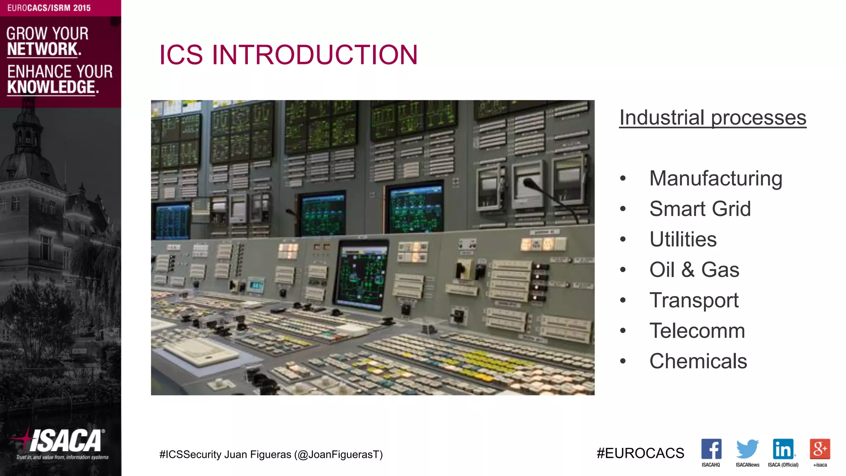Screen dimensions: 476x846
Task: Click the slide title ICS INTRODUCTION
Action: [x=288, y=55]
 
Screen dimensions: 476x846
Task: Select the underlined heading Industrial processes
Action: [x=713, y=118]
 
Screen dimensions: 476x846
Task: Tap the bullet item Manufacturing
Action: [x=715, y=178]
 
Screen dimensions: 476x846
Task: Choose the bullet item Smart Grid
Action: [x=700, y=209]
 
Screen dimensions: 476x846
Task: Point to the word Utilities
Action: [x=683, y=239]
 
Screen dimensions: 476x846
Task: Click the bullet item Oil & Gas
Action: [x=694, y=270]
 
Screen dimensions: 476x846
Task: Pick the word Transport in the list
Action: [x=694, y=300]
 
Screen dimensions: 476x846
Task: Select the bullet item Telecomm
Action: [x=697, y=331]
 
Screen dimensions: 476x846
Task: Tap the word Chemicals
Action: [x=698, y=361]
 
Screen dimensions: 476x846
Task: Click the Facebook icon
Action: [x=711, y=449]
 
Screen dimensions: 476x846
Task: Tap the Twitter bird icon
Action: [x=747, y=449]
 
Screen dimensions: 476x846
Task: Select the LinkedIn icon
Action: [x=783, y=449]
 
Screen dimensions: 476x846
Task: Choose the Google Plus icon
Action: [x=820, y=449]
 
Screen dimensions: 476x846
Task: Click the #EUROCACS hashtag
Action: [x=640, y=453]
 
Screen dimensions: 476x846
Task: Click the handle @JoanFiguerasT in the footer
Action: [x=338, y=455]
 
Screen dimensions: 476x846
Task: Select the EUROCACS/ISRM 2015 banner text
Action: [x=49, y=8]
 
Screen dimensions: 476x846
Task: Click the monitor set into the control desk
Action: [x=362, y=275]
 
